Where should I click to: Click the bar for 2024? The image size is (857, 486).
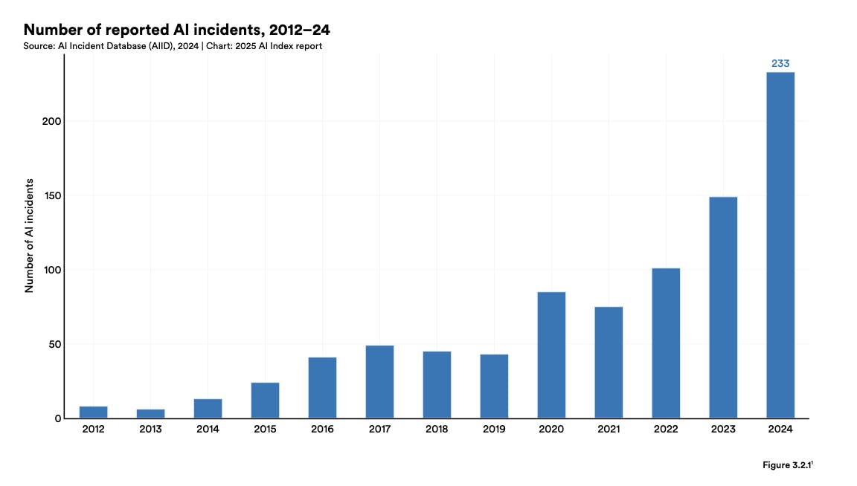pyautogui.click(x=780, y=245)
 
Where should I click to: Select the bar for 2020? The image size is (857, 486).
pyautogui.click(x=551, y=355)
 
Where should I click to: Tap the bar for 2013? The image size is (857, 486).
pyautogui.click(x=151, y=414)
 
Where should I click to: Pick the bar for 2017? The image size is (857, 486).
pyautogui.click(x=379, y=382)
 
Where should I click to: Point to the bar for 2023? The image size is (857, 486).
pyautogui.click(x=723, y=308)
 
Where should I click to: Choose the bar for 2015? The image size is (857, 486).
pyautogui.click(x=265, y=401)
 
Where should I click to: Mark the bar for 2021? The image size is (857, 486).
pyautogui.click(x=609, y=363)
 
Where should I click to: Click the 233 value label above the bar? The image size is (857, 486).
pyautogui.click(x=780, y=64)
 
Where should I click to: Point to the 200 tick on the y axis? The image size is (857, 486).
pyautogui.click(x=51, y=121)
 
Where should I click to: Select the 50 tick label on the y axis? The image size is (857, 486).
pyautogui.click(x=54, y=344)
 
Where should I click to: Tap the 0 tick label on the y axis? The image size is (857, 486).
pyautogui.click(x=58, y=418)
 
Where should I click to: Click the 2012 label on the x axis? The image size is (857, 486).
pyautogui.click(x=93, y=430)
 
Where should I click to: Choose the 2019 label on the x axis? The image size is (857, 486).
pyautogui.click(x=494, y=430)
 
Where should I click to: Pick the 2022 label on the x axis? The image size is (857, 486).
pyautogui.click(x=666, y=430)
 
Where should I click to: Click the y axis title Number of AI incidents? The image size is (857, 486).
pyautogui.click(x=30, y=235)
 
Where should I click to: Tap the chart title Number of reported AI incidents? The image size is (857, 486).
pyautogui.click(x=177, y=30)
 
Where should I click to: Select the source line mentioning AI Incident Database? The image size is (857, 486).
pyautogui.click(x=173, y=46)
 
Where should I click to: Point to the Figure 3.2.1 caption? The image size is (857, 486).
pyautogui.click(x=788, y=464)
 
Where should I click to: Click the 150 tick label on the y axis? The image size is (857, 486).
pyautogui.click(x=51, y=195)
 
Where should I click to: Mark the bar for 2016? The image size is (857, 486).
pyautogui.click(x=322, y=388)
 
